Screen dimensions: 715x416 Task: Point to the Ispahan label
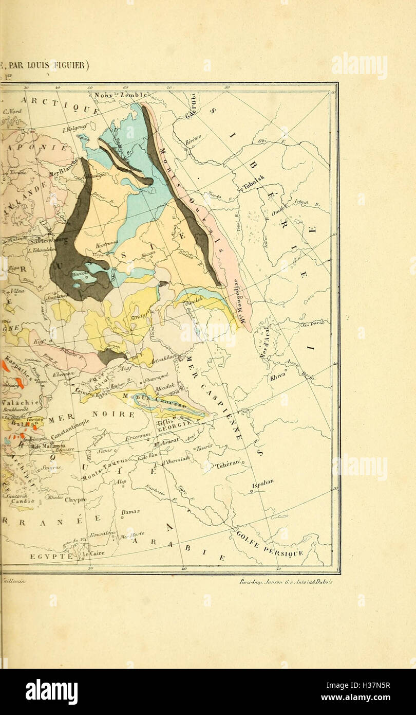(x=262, y=484)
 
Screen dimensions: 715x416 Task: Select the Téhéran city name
(x=227, y=463)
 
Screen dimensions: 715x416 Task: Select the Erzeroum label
(x=137, y=437)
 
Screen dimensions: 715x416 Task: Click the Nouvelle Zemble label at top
(x=121, y=95)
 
